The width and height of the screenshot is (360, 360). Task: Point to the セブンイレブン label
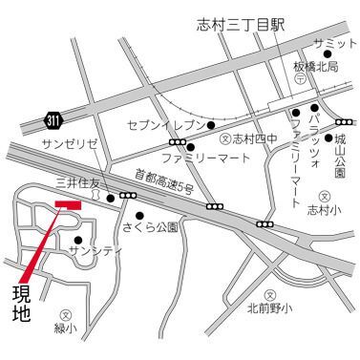[165, 125]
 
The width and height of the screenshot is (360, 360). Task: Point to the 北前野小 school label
[271, 307]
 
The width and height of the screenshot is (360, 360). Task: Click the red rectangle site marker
[71, 203]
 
